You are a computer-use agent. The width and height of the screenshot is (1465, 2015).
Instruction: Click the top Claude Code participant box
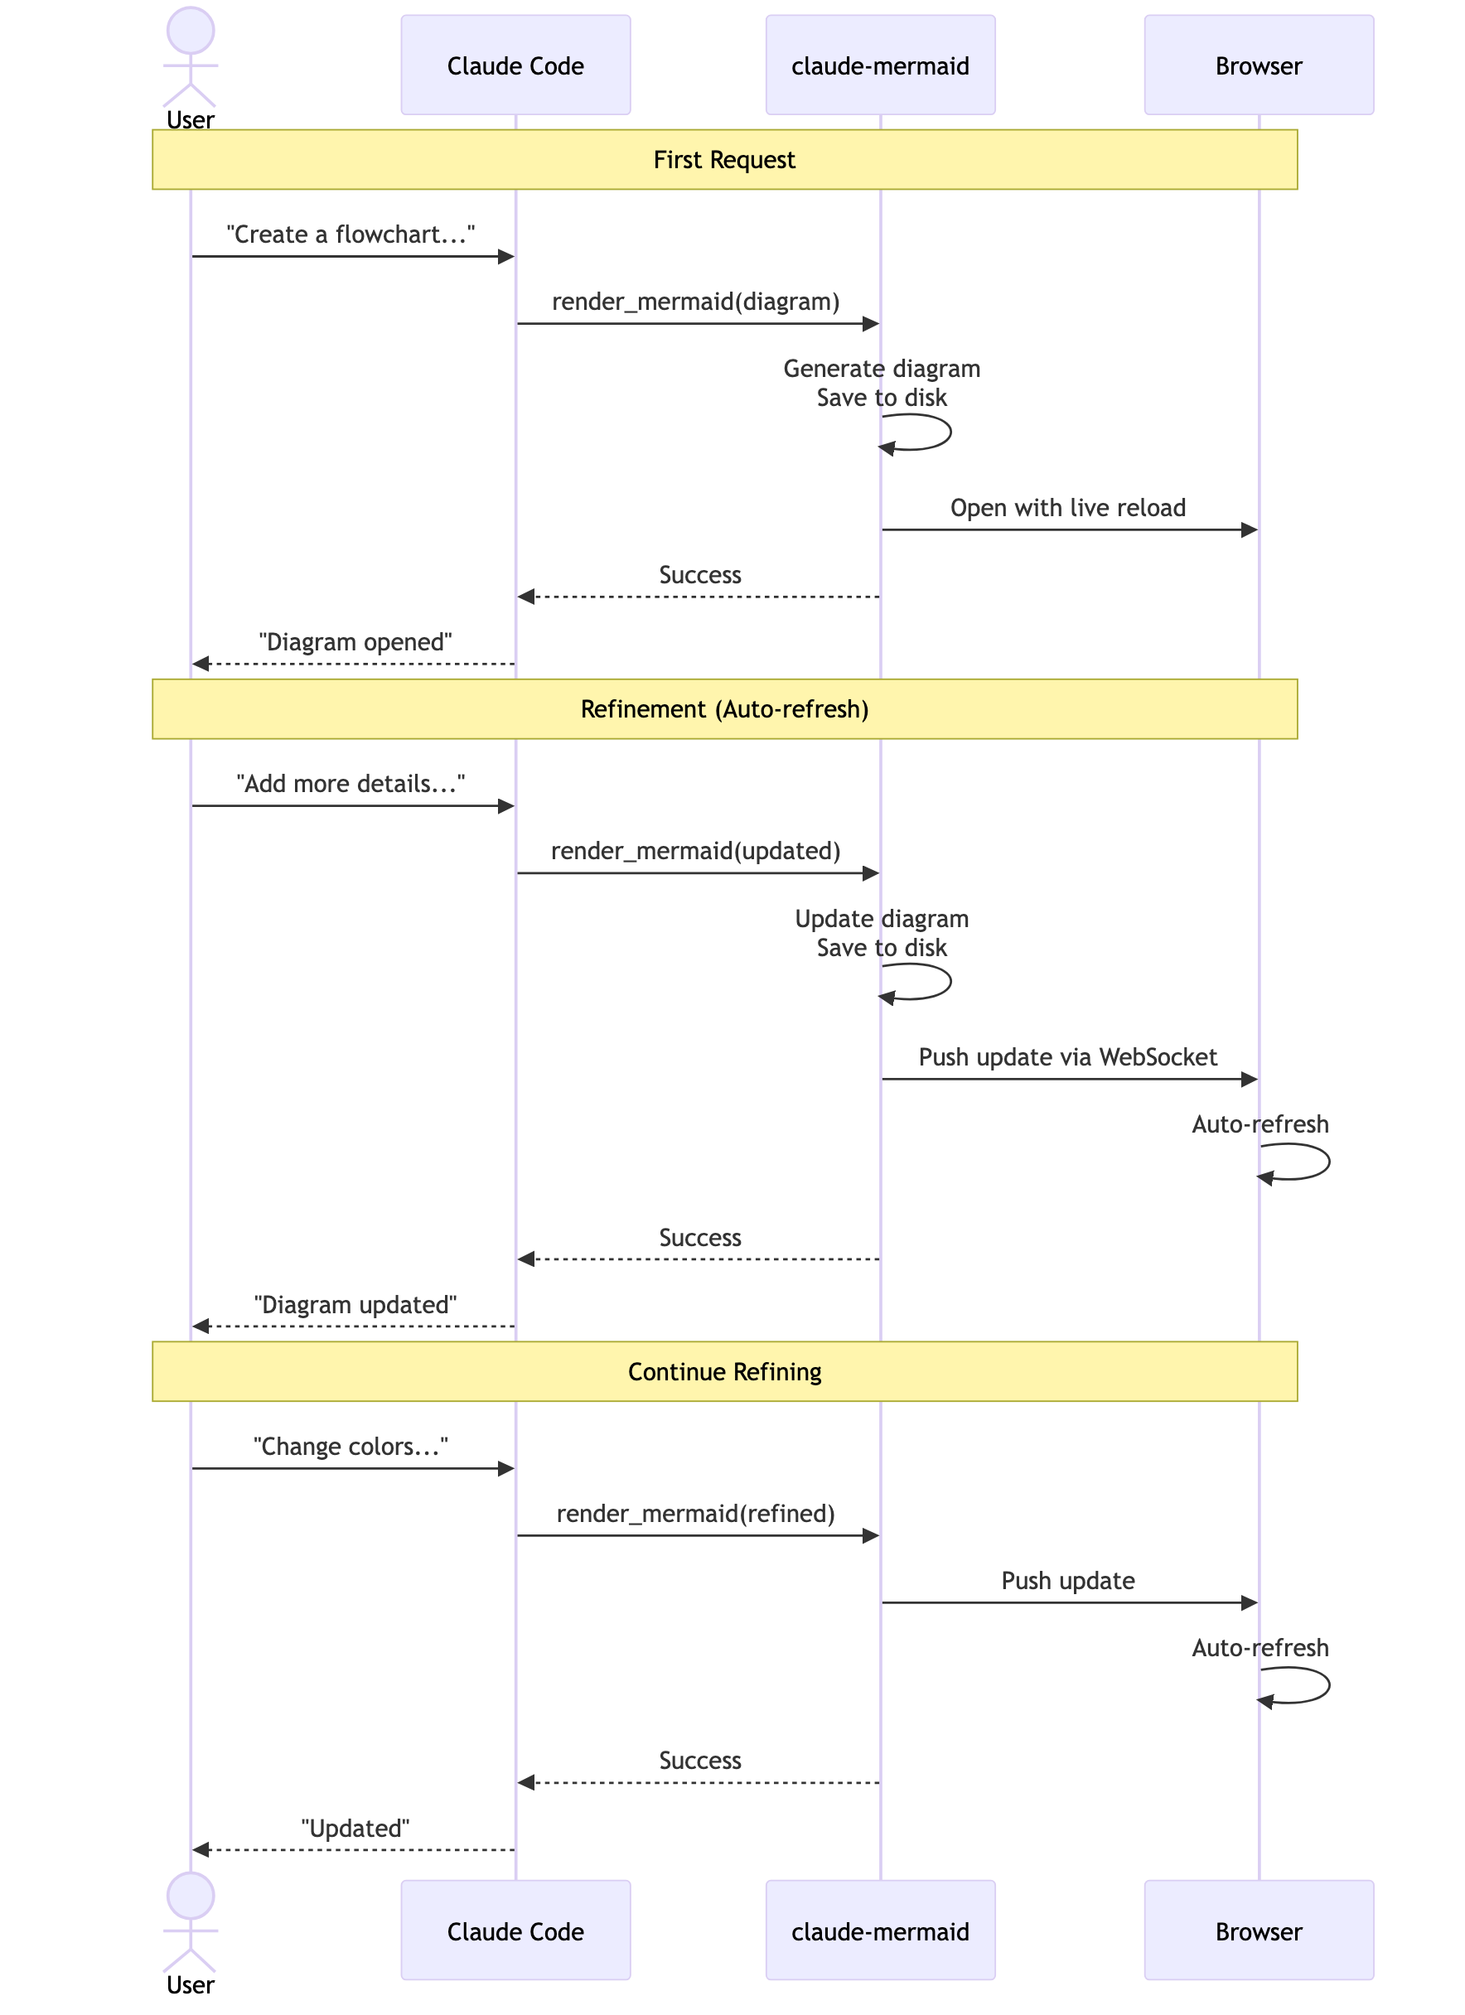(x=515, y=65)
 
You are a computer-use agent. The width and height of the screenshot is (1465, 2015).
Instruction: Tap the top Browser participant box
(x=1258, y=65)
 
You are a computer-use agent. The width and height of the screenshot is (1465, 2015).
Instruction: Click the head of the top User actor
(x=190, y=30)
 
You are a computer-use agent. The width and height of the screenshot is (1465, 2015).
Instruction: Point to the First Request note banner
(x=724, y=160)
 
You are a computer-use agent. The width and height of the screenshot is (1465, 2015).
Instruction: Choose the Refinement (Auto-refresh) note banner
(x=724, y=709)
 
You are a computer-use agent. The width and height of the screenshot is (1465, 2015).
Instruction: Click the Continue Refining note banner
(x=724, y=1371)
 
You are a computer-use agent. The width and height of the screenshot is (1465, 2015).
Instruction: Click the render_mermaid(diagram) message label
(x=696, y=302)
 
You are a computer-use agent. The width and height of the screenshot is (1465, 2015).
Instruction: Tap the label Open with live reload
(x=1068, y=508)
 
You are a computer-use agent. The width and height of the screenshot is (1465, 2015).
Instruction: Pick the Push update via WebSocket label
(x=1068, y=1057)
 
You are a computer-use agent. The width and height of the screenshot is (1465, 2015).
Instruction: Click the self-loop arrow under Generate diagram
(x=924, y=432)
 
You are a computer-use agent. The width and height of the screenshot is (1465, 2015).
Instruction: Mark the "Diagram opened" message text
(x=355, y=642)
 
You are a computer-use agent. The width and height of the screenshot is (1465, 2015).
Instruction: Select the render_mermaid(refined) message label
(x=696, y=1514)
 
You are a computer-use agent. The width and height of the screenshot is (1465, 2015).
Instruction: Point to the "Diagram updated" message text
(x=355, y=1305)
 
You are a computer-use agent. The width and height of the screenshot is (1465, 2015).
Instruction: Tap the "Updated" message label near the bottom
(x=355, y=1829)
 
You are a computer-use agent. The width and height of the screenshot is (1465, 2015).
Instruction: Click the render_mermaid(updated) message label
(x=696, y=851)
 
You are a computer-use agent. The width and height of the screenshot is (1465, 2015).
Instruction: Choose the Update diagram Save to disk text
(x=882, y=933)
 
